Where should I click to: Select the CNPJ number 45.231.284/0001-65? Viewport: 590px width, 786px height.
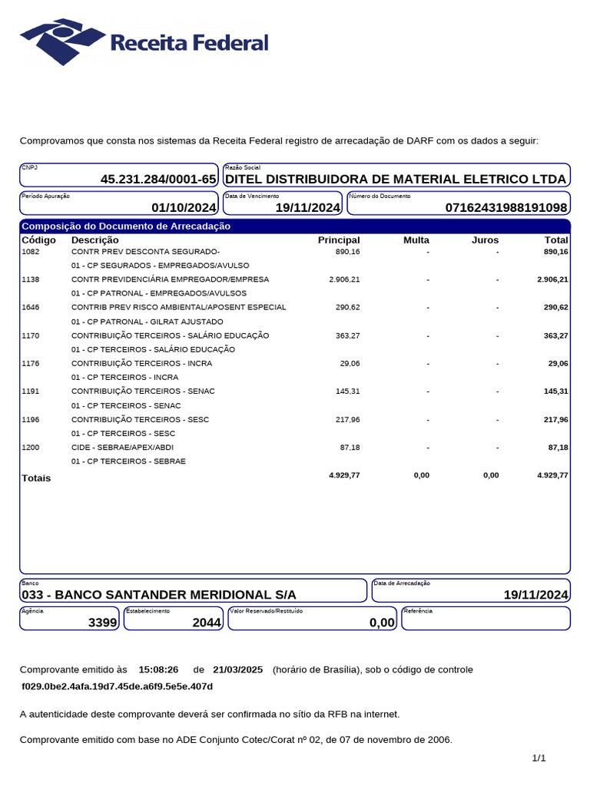[158, 180]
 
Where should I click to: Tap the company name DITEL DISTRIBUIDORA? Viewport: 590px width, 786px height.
[395, 180]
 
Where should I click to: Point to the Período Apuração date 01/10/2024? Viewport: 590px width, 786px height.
[184, 208]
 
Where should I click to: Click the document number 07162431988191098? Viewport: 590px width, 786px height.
[506, 208]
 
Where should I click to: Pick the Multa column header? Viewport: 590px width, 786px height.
[416, 240]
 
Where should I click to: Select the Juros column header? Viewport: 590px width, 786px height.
[485, 240]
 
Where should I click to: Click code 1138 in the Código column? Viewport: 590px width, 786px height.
[31, 279]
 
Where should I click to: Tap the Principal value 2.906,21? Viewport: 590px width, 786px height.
[344, 279]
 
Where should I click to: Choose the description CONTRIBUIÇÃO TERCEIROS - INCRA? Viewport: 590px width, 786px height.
[141, 363]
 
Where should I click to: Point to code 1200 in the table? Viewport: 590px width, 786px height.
[31, 447]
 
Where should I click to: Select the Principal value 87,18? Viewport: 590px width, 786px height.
[350, 447]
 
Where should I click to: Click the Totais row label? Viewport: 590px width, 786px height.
[36, 478]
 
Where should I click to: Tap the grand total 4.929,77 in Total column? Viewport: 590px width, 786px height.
[552, 475]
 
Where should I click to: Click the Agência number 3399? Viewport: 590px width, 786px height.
[102, 623]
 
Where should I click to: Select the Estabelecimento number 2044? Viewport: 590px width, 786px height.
[206, 623]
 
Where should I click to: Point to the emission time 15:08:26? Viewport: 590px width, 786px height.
[158, 669]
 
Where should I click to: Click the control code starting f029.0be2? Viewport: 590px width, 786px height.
[117, 686]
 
